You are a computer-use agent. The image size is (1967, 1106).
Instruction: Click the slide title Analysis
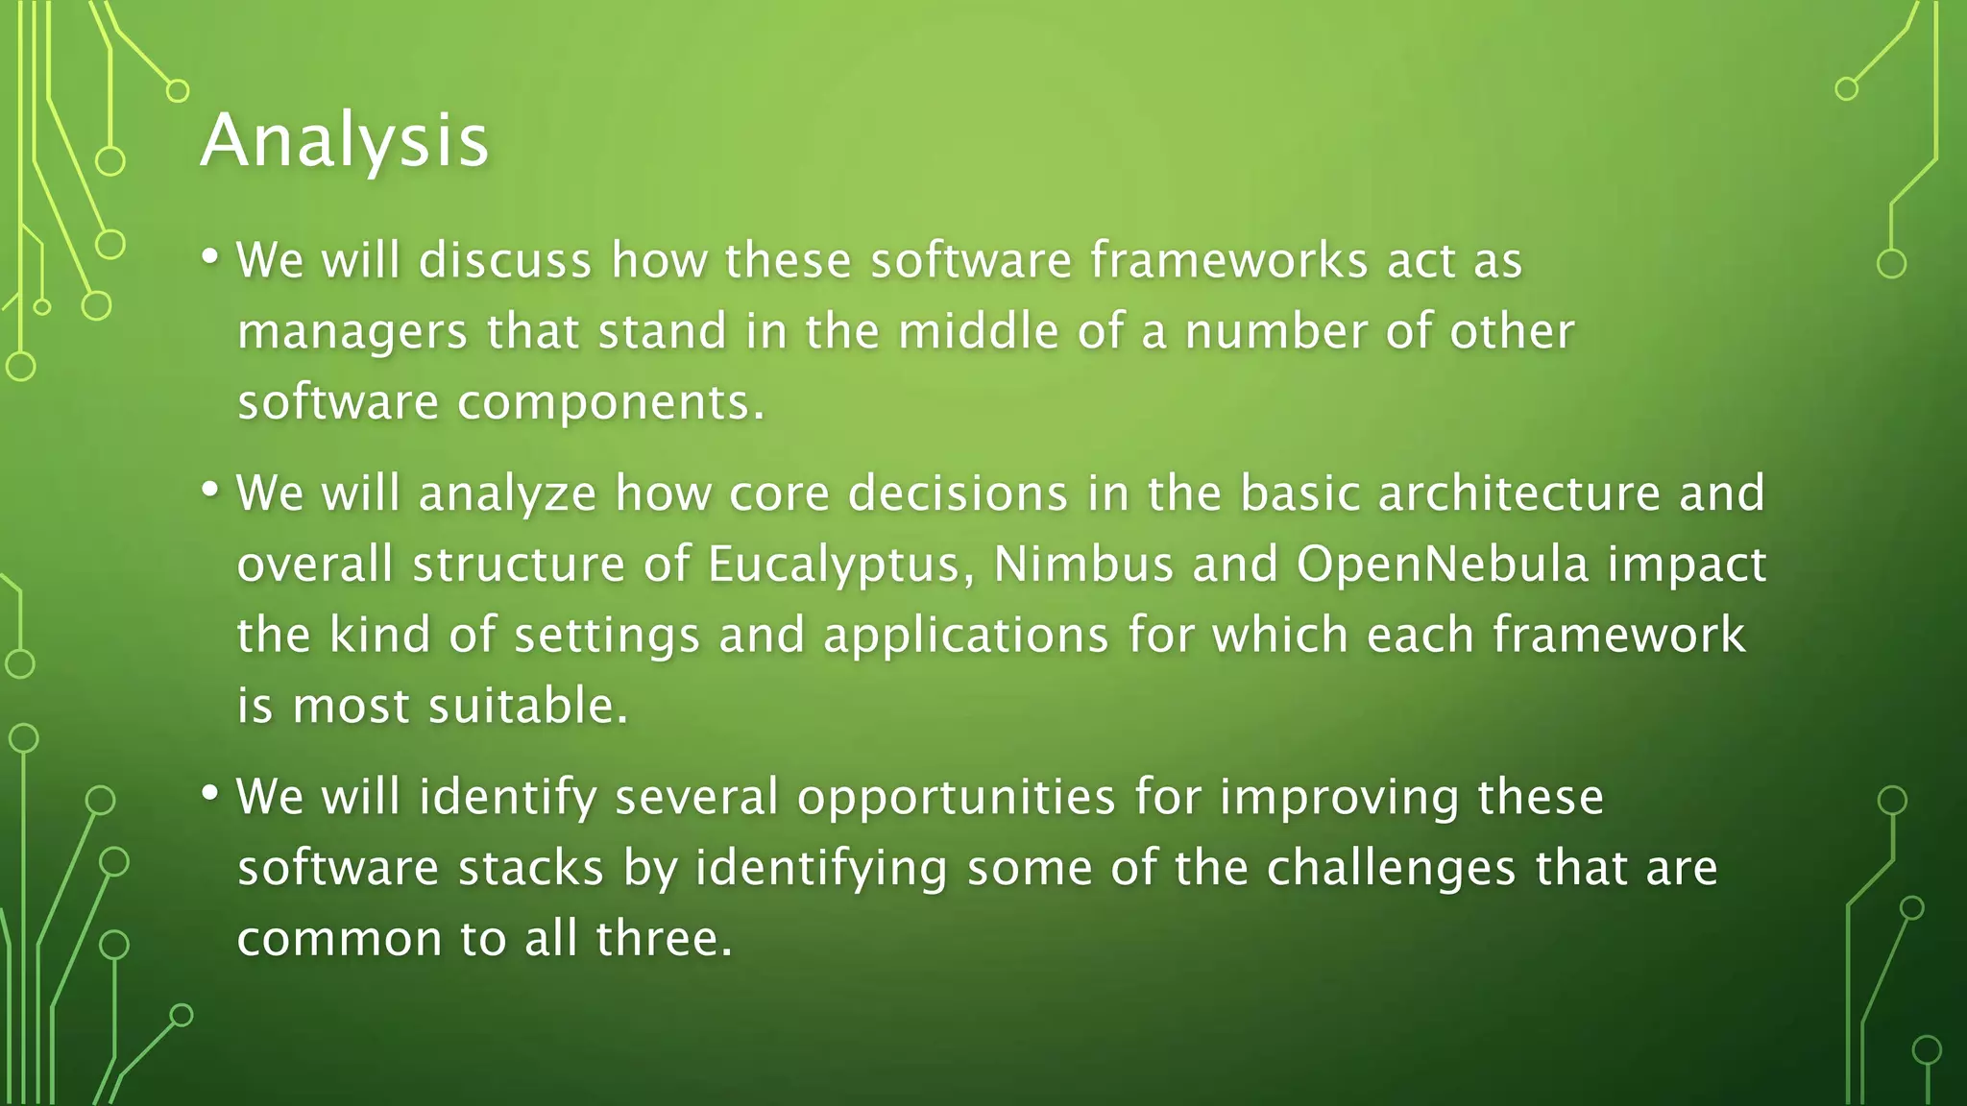coord(345,141)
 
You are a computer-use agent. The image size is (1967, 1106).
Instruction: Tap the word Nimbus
coord(1082,564)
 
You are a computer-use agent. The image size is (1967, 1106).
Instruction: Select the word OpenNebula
coord(1442,564)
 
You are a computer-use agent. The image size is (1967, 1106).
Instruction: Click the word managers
coord(352,333)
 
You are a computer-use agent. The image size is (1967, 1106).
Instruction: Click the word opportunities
coord(956,799)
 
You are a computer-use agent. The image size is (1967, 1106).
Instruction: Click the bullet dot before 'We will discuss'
coord(210,257)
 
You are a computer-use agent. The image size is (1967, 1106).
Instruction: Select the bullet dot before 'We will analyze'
coord(210,490)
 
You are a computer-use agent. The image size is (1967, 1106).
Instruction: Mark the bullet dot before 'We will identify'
coord(210,794)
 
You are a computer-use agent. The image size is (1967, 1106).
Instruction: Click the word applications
coord(965,636)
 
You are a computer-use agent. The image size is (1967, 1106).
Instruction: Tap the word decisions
coord(958,493)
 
